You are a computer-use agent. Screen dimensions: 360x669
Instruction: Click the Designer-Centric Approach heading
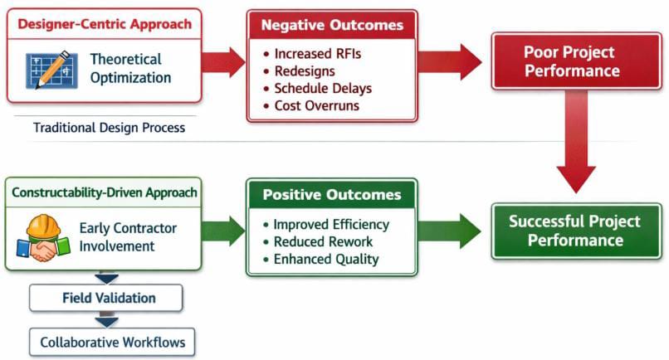pyautogui.click(x=104, y=25)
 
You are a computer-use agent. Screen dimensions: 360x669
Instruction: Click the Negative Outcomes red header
pyautogui.click(x=331, y=25)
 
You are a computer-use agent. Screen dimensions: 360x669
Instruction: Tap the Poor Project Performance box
pyautogui.click(x=572, y=61)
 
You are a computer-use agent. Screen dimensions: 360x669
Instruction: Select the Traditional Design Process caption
pyautogui.click(x=109, y=129)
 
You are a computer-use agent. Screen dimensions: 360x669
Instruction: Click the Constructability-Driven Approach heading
pyautogui.click(x=104, y=193)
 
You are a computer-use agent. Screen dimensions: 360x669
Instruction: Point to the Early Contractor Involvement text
pyautogui.click(x=128, y=236)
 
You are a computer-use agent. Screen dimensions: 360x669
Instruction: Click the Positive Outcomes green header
pyautogui.click(x=331, y=196)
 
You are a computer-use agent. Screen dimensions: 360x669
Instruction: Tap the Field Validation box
pyautogui.click(x=107, y=298)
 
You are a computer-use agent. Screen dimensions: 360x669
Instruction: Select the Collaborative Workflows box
pyautogui.click(x=107, y=341)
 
